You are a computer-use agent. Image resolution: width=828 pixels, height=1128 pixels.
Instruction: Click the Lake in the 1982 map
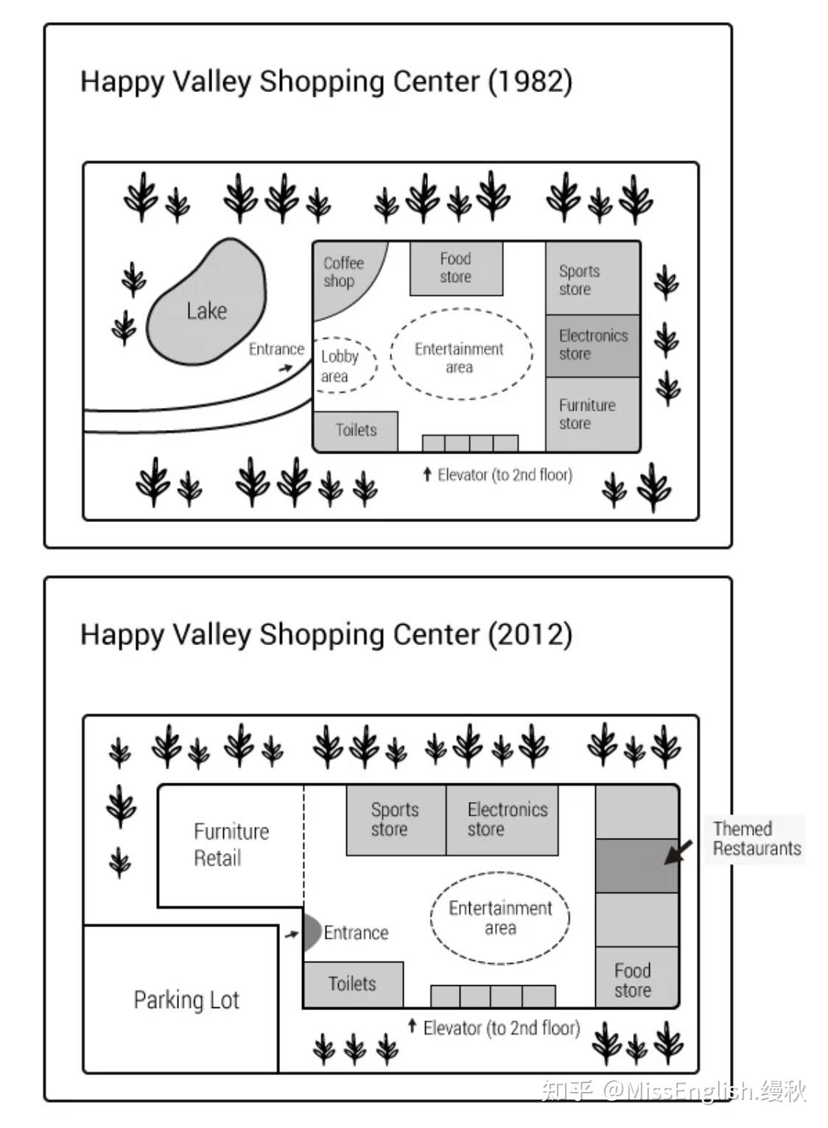point(206,302)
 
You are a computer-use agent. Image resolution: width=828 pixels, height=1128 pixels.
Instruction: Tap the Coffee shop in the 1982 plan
point(343,275)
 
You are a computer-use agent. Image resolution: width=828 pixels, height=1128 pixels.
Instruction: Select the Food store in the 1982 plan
point(456,269)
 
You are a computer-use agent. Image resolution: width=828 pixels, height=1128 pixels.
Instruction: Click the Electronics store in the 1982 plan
point(593,346)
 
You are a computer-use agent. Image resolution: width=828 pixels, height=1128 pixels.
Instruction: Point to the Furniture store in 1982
point(593,414)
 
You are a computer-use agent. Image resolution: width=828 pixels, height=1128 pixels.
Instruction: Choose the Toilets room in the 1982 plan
point(356,431)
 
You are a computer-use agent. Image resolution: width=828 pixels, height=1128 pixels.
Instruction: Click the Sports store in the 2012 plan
point(396,820)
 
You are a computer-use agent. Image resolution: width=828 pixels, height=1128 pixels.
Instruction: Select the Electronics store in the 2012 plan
point(502,820)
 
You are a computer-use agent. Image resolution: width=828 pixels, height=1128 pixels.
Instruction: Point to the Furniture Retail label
point(231,845)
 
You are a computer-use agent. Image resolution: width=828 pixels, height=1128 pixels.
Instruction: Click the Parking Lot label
point(186,1000)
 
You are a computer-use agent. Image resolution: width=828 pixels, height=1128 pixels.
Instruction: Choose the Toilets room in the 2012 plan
point(353,984)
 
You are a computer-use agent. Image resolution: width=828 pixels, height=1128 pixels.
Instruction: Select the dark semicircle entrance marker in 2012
point(312,933)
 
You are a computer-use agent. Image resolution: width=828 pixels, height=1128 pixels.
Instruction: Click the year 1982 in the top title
point(530,81)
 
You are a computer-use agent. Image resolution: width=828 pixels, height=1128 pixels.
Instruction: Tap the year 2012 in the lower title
point(530,634)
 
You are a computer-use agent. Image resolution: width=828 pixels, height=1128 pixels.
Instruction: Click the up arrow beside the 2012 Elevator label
point(413,1026)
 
